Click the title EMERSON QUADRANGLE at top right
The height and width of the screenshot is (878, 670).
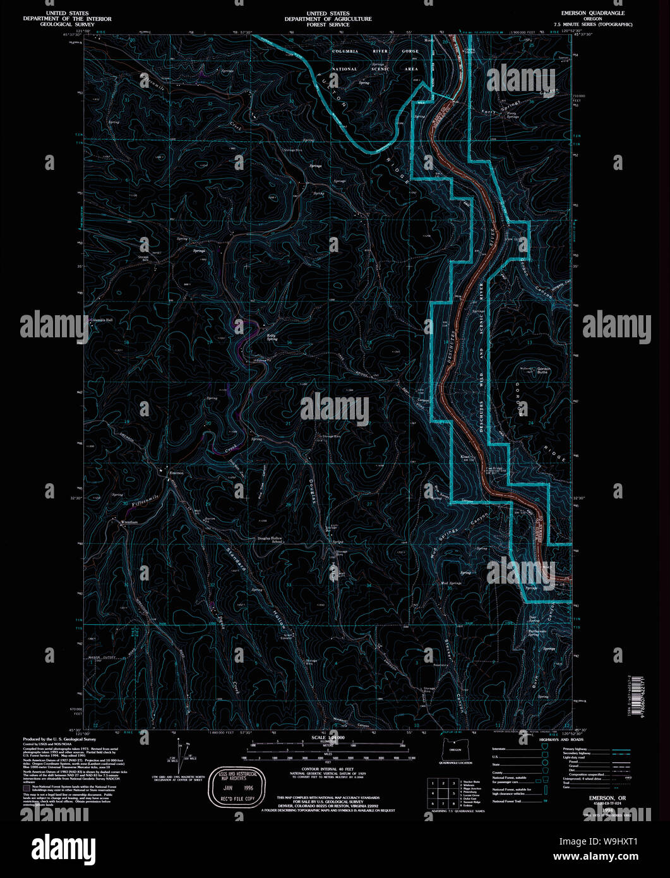597,13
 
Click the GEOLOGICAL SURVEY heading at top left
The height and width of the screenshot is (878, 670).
56,25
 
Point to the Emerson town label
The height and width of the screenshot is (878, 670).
176,472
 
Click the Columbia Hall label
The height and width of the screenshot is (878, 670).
100,320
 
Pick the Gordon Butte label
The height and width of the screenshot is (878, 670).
544,370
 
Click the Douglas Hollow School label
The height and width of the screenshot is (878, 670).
269,539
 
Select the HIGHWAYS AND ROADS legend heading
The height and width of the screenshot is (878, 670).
561,739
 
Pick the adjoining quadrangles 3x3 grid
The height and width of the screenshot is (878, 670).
443,794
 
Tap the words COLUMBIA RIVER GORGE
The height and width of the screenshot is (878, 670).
376,51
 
